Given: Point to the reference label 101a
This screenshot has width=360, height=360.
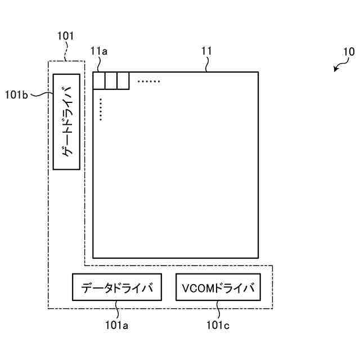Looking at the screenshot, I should click(118, 325).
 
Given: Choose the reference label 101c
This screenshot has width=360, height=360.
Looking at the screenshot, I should click(218, 325).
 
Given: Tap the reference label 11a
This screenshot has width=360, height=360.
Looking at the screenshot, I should click(98, 52).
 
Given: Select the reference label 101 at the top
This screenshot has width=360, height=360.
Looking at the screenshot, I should click(65, 37).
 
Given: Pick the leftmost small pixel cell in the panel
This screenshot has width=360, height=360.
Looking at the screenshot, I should click(99, 81).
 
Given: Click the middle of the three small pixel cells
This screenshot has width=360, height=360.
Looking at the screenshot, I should click(111, 81).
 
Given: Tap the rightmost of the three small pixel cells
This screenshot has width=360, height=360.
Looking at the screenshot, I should click(123, 81).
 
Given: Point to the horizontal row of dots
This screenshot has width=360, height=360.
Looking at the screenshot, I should click(149, 82).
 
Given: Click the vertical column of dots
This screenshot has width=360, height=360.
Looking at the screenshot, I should click(100, 110).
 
